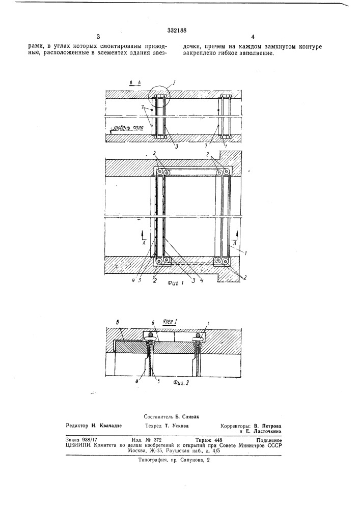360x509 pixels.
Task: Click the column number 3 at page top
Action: point(98,36)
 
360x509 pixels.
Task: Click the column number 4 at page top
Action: point(253,37)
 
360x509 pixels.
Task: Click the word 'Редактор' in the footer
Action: point(78,426)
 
